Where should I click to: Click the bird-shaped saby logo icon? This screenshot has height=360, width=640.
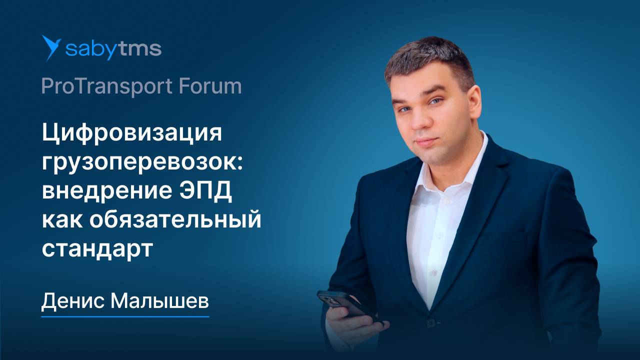tap(51, 48)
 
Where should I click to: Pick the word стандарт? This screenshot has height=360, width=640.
tap(96, 248)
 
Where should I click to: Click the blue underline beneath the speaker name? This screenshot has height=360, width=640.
tap(125, 315)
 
